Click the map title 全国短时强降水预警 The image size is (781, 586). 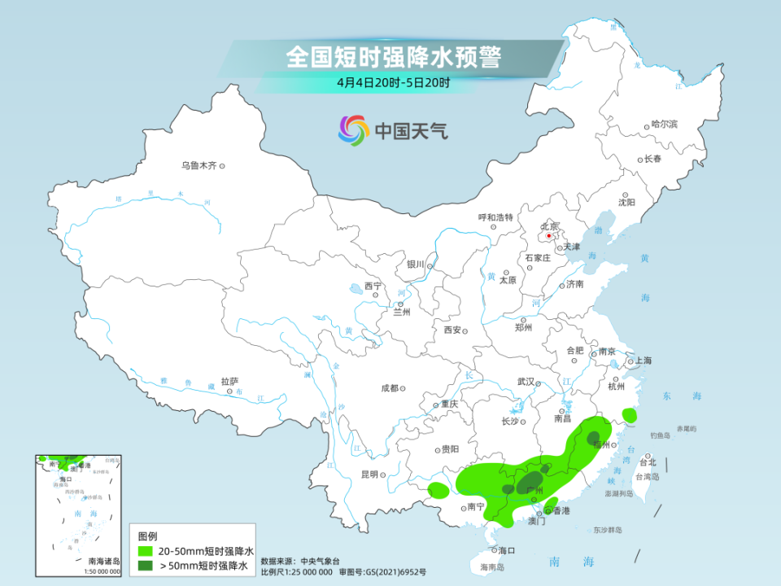click(393, 57)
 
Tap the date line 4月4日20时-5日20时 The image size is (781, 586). click(393, 82)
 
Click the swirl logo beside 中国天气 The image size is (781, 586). click(354, 130)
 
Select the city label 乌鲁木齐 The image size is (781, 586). click(199, 166)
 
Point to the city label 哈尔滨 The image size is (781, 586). click(664, 125)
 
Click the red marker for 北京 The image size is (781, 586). click(549, 236)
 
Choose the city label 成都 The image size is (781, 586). click(389, 388)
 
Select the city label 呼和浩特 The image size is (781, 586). click(495, 217)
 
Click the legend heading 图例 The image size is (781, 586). click(147, 536)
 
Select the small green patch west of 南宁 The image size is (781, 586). click(438, 490)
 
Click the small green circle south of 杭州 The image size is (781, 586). click(629, 415)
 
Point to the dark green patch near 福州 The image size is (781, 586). click(595, 437)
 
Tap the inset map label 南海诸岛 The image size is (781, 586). click(104, 561)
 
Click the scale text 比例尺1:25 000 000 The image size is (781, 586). click(296, 571)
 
